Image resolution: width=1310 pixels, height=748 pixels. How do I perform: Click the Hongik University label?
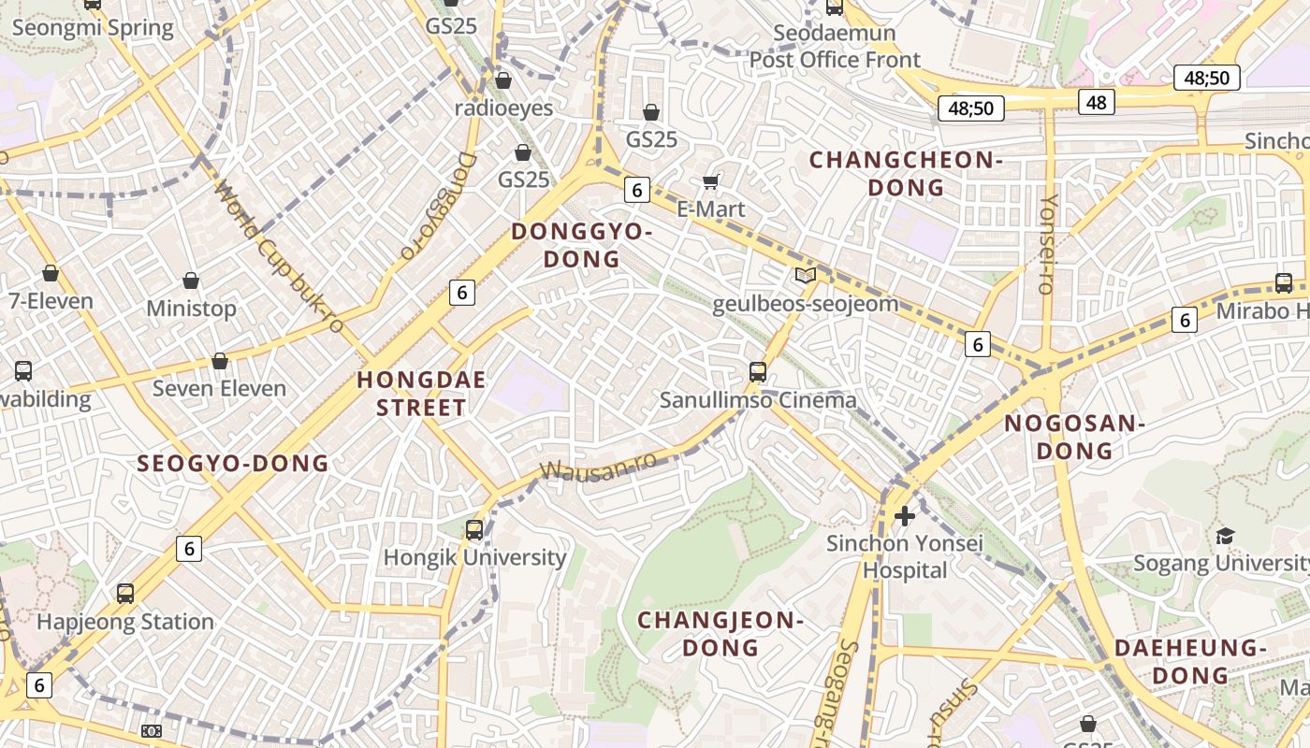475,558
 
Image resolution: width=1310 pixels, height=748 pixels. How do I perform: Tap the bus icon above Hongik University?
474,530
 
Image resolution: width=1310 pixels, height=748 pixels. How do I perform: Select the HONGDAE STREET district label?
412,394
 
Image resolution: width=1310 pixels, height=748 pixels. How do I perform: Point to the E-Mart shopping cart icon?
711,180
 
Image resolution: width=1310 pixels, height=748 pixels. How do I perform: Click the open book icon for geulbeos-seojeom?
805,275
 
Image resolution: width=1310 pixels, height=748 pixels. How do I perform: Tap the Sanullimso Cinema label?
758,400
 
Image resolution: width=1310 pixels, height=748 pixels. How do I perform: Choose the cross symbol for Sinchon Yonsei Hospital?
905,515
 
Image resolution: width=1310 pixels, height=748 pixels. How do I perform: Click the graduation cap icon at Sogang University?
1225,536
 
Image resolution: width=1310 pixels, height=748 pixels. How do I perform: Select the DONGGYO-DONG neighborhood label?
581,245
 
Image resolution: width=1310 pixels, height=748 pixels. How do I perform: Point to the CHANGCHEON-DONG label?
906,174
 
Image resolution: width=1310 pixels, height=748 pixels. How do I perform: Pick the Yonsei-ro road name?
1049,245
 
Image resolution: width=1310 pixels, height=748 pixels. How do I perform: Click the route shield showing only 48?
1097,102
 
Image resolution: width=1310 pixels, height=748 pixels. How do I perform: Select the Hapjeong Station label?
125,622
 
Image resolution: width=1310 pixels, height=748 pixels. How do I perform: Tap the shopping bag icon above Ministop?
191,280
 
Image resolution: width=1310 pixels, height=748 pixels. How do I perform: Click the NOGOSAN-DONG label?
1075,438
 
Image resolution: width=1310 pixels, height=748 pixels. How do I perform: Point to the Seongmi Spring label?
93,27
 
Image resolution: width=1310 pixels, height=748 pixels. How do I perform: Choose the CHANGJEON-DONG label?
720,633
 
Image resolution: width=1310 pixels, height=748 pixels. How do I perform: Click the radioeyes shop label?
503,108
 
